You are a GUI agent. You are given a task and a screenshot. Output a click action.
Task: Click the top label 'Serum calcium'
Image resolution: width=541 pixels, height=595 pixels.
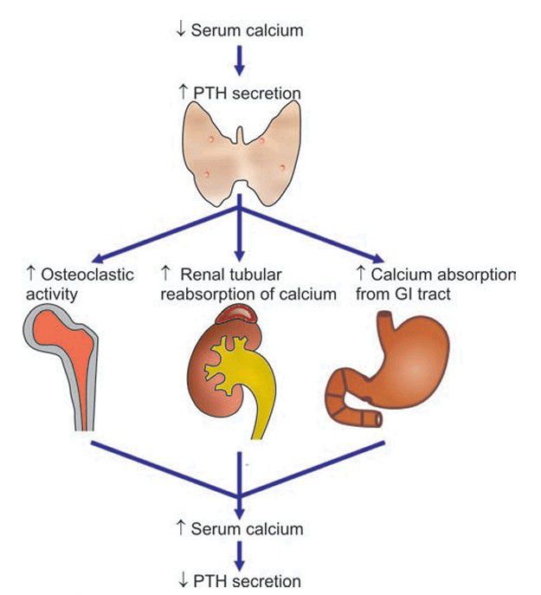(246, 29)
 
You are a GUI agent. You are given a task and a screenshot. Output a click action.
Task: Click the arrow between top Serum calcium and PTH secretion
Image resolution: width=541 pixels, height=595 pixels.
(239, 61)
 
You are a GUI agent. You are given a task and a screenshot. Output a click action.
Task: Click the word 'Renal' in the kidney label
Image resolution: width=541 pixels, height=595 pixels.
(200, 275)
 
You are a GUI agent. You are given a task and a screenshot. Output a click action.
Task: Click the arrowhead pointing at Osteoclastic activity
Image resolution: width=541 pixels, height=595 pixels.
(96, 258)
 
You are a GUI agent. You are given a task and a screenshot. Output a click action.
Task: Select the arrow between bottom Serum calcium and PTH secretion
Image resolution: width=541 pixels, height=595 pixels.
(239, 554)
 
